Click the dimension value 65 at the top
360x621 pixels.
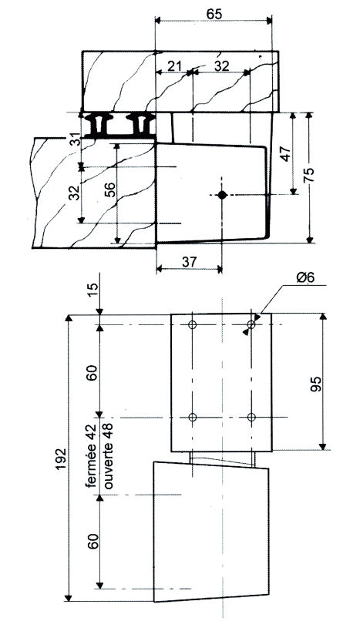(214, 13)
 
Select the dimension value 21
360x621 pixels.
(175, 66)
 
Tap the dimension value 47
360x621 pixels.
(284, 153)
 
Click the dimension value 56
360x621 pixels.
(109, 190)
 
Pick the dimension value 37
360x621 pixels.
(189, 261)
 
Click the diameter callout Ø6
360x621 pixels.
(305, 277)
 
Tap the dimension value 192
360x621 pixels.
(61, 459)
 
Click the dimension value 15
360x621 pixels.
(93, 290)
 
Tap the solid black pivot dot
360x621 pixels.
(222, 194)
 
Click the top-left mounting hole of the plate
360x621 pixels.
(193, 325)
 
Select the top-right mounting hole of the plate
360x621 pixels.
(251, 325)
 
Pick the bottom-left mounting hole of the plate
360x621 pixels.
(193, 417)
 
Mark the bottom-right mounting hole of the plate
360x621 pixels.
(251, 417)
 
